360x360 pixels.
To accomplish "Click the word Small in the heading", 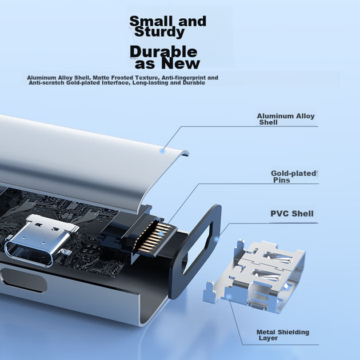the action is [151, 21].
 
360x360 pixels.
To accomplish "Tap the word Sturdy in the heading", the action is [159, 32].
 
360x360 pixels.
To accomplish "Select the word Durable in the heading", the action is [163, 51].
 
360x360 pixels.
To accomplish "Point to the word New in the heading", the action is [181, 63].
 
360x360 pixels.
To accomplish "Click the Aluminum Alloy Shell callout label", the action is [286, 119].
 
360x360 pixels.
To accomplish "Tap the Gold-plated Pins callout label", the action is [294, 177].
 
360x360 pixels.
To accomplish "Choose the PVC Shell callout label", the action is [292, 214].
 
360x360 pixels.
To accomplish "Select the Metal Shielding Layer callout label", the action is [283, 335].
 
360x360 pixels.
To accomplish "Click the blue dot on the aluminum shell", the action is [162, 151].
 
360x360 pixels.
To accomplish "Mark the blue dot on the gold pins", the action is [161, 234].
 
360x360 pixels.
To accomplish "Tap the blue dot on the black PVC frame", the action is [216, 239].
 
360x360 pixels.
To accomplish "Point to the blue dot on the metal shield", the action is [229, 297].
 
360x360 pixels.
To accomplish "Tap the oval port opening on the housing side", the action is [23, 281].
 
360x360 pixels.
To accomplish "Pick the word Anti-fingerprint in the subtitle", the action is [183, 78].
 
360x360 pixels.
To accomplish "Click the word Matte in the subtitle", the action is [101, 78].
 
